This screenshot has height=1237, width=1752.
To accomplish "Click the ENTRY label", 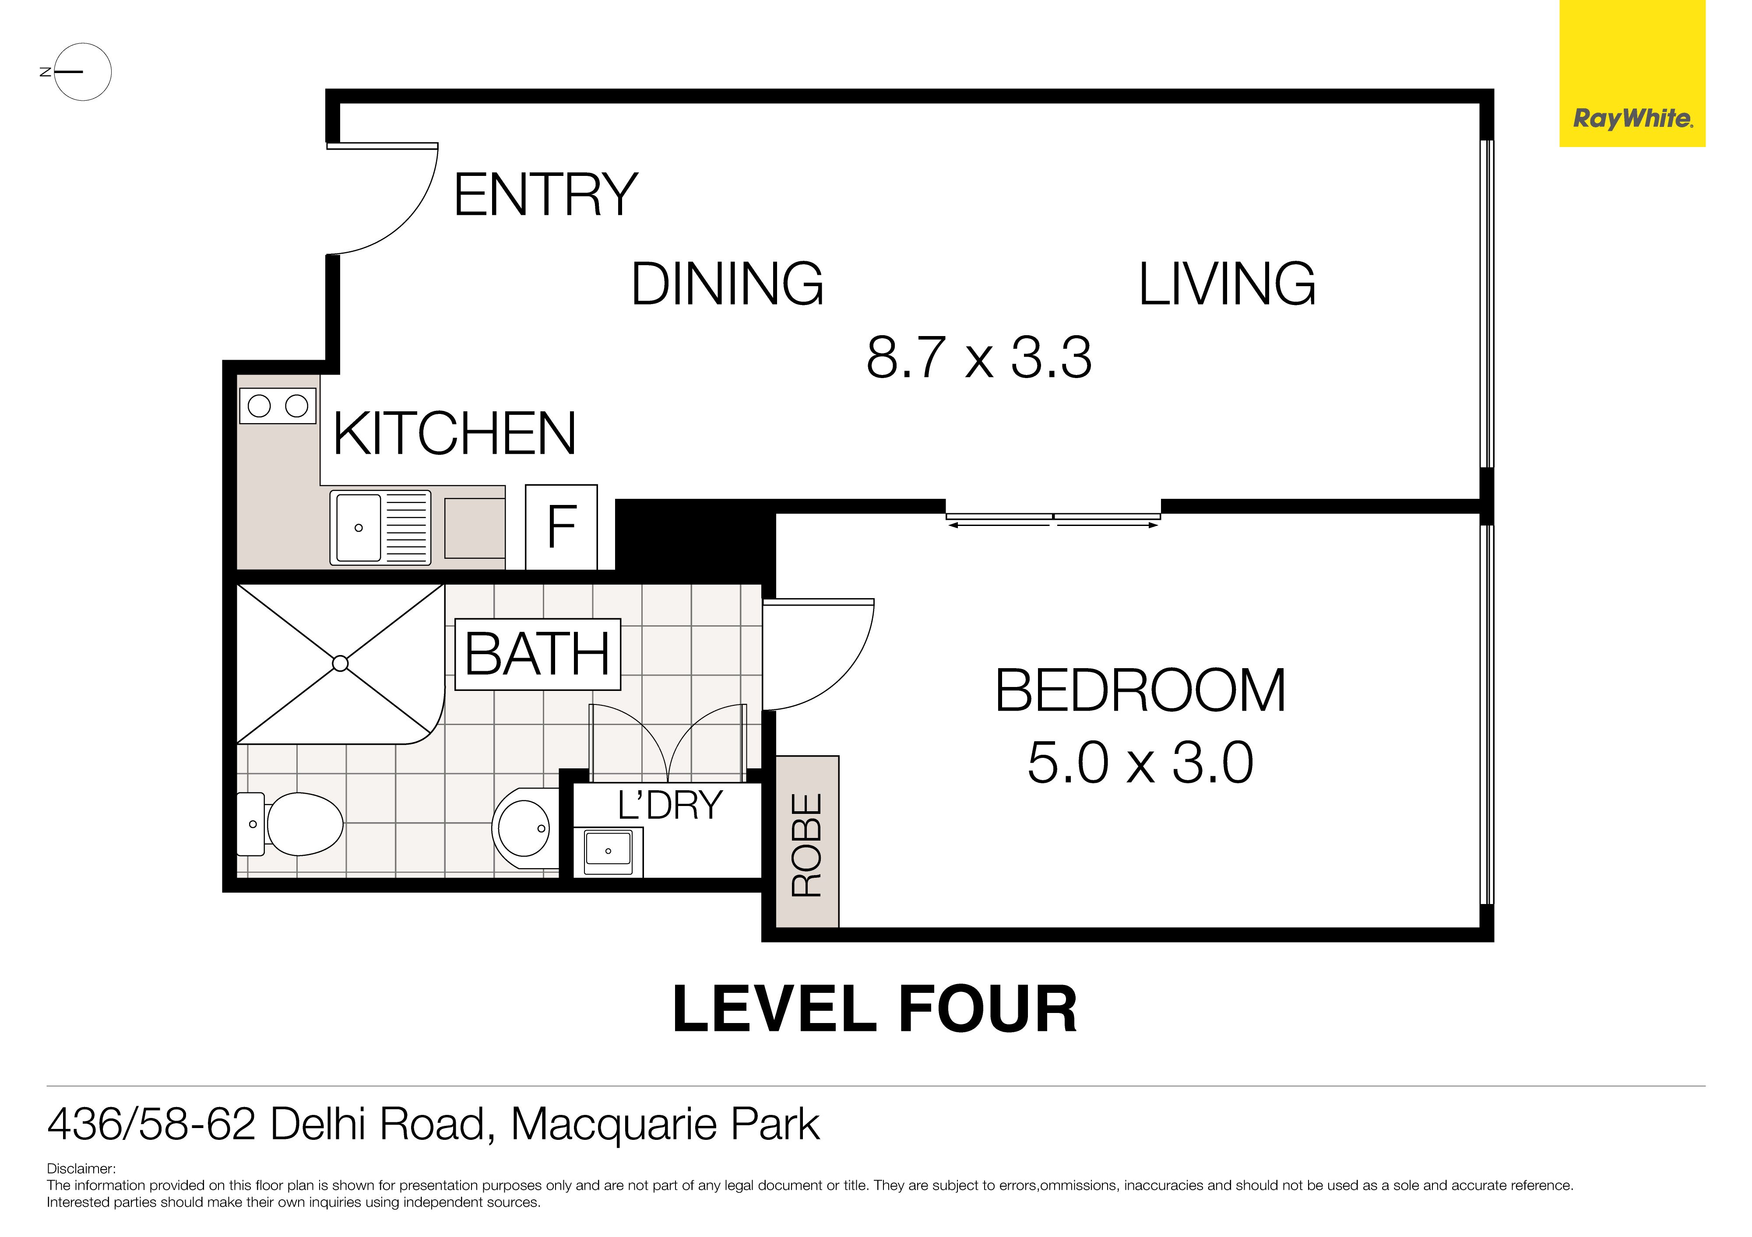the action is pos(545,195).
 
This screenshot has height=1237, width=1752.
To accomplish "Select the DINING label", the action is pos(727,284).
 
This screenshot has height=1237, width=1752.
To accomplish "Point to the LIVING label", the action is pos(1227,284).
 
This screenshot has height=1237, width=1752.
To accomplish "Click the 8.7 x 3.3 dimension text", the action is pos(979,357).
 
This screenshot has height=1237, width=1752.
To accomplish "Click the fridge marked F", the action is pos(562,526).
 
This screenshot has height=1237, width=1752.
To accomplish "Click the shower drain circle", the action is pos(340,663).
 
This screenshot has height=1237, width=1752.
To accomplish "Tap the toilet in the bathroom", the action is pos(289,824).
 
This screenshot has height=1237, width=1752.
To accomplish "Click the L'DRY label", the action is pos(670,806).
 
